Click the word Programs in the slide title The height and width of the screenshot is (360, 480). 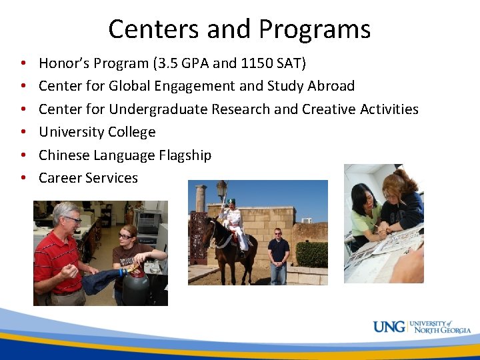[x=315, y=30]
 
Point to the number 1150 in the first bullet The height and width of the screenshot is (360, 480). [x=257, y=63]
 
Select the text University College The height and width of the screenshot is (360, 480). [x=97, y=132]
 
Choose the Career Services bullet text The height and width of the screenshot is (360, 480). [x=88, y=177]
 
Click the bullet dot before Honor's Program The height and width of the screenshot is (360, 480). [x=23, y=64]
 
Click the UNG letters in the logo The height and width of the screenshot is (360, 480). [x=389, y=327]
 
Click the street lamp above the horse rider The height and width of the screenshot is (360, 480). [x=221, y=189]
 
